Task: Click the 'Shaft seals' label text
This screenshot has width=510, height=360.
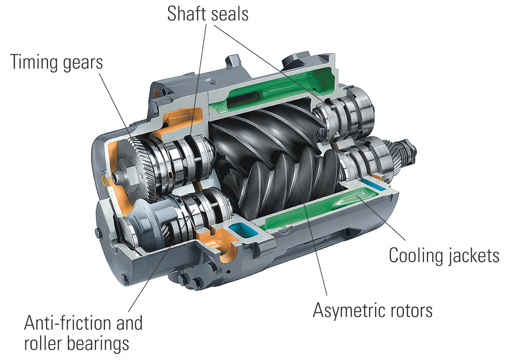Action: [208, 14]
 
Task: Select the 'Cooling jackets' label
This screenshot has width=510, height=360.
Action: [444, 255]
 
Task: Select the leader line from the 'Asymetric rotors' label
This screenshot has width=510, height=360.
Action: [317, 255]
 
